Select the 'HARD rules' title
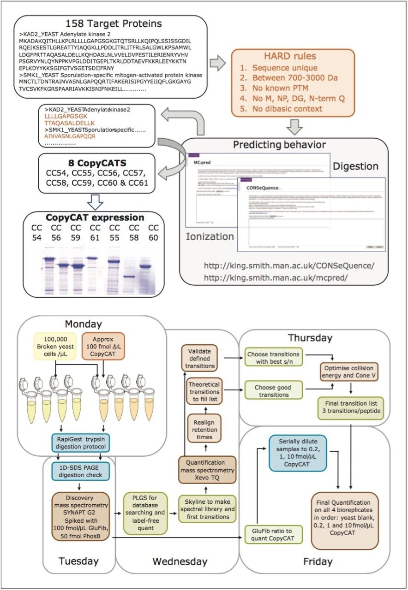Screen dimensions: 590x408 (x=293, y=56)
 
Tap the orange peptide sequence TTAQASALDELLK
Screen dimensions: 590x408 (x=69, y=124)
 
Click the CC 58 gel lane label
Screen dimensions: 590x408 (x=134, y=233)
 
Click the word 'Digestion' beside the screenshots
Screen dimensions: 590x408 (x=356, y=166)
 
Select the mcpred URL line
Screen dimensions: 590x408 (x=276, y=277)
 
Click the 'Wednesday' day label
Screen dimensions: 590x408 (x=180, y=561)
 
